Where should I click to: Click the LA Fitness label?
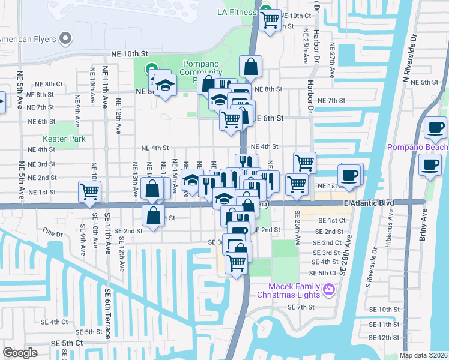click(237, 12)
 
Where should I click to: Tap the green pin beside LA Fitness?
click(264, 11)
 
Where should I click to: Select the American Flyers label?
click(26, 39)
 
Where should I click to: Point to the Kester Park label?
click(68, 139)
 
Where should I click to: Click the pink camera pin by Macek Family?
click(328, 290)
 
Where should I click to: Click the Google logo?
click(20, 352)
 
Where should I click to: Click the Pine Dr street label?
click(52, 230)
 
